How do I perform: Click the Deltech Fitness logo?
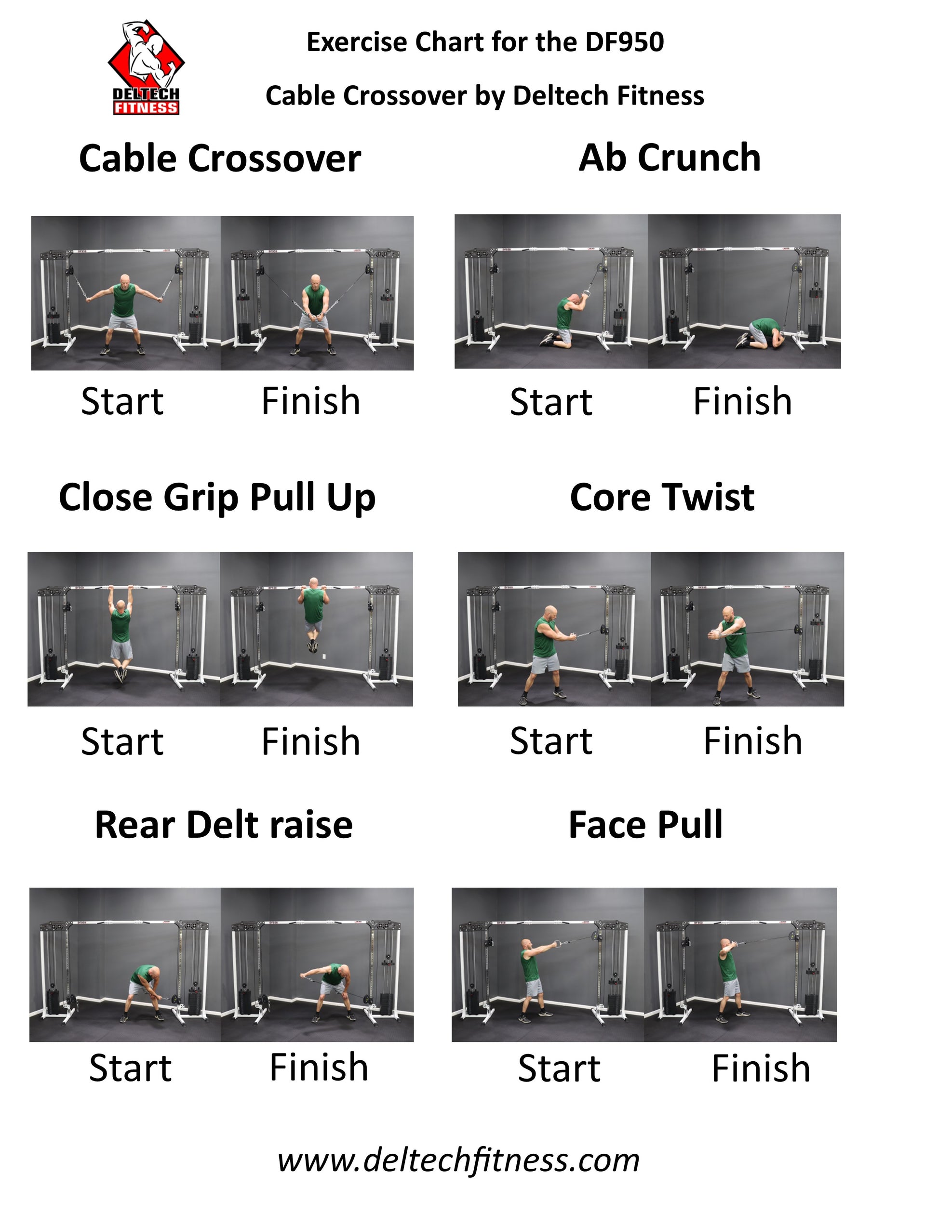click(146, 68)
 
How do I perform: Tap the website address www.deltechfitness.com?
click(458, 1160)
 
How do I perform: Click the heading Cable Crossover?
click(220, 158)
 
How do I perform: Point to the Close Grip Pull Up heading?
click(217, 498)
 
